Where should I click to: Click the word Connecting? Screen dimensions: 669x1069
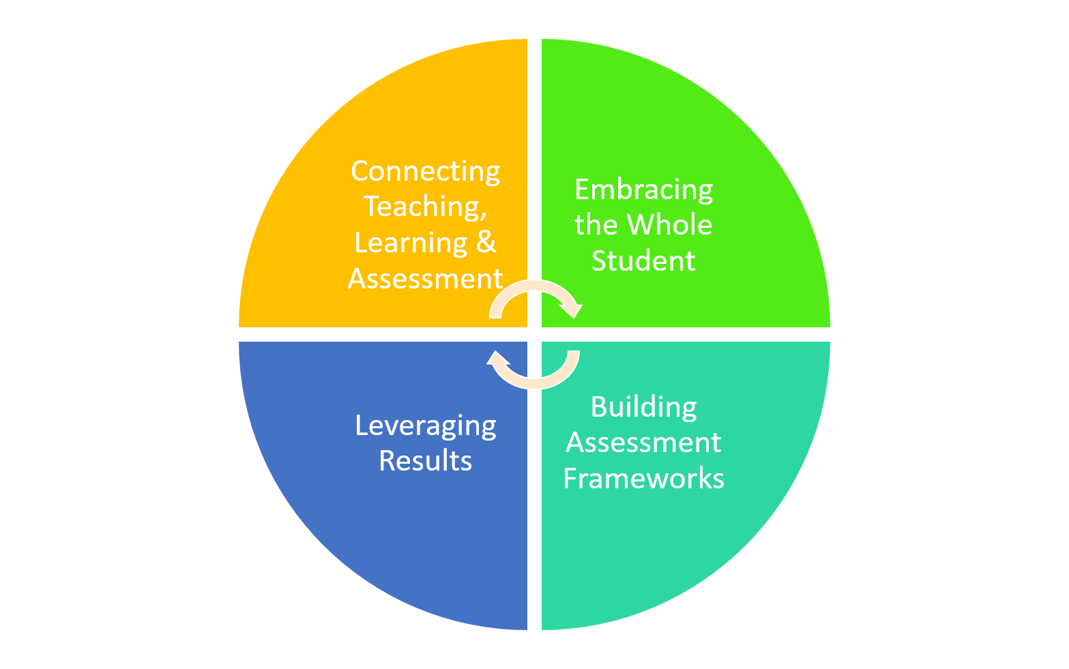(x=425, y=171)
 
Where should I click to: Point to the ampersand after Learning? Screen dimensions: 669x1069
(x=486, y=242)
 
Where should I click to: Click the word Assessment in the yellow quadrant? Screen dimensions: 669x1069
(x=425, y=279)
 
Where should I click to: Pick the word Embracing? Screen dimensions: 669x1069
(x=643, y=190)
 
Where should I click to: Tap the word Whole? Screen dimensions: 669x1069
(x=669, y=225)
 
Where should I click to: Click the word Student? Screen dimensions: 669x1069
(x=643, y=261)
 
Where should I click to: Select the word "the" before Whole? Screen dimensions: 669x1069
(x=596, y=225)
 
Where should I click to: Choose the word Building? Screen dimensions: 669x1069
(x=643, y=407)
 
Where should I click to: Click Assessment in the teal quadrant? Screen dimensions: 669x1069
(x=643, y=443)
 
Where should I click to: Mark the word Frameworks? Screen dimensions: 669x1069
(x=643, y=479)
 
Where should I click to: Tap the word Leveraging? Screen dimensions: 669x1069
(x=425, y=426)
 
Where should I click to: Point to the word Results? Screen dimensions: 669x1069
(x=425, y=461)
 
